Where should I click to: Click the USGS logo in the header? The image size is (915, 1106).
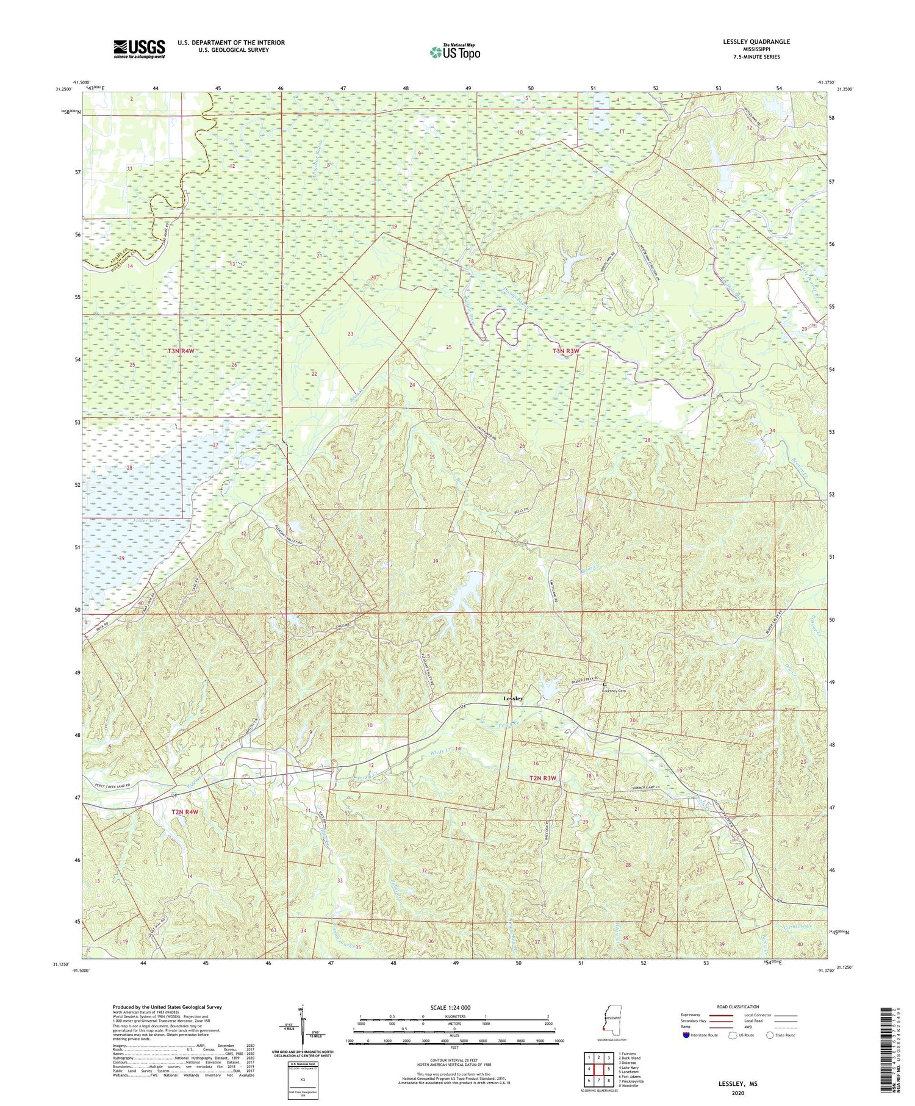(139, 49)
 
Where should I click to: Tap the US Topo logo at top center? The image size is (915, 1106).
(454, 52)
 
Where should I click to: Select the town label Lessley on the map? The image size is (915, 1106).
(512, 698)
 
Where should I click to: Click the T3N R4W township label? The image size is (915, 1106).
(184, 351)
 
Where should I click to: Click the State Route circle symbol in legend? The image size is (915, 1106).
(771, 1035)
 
